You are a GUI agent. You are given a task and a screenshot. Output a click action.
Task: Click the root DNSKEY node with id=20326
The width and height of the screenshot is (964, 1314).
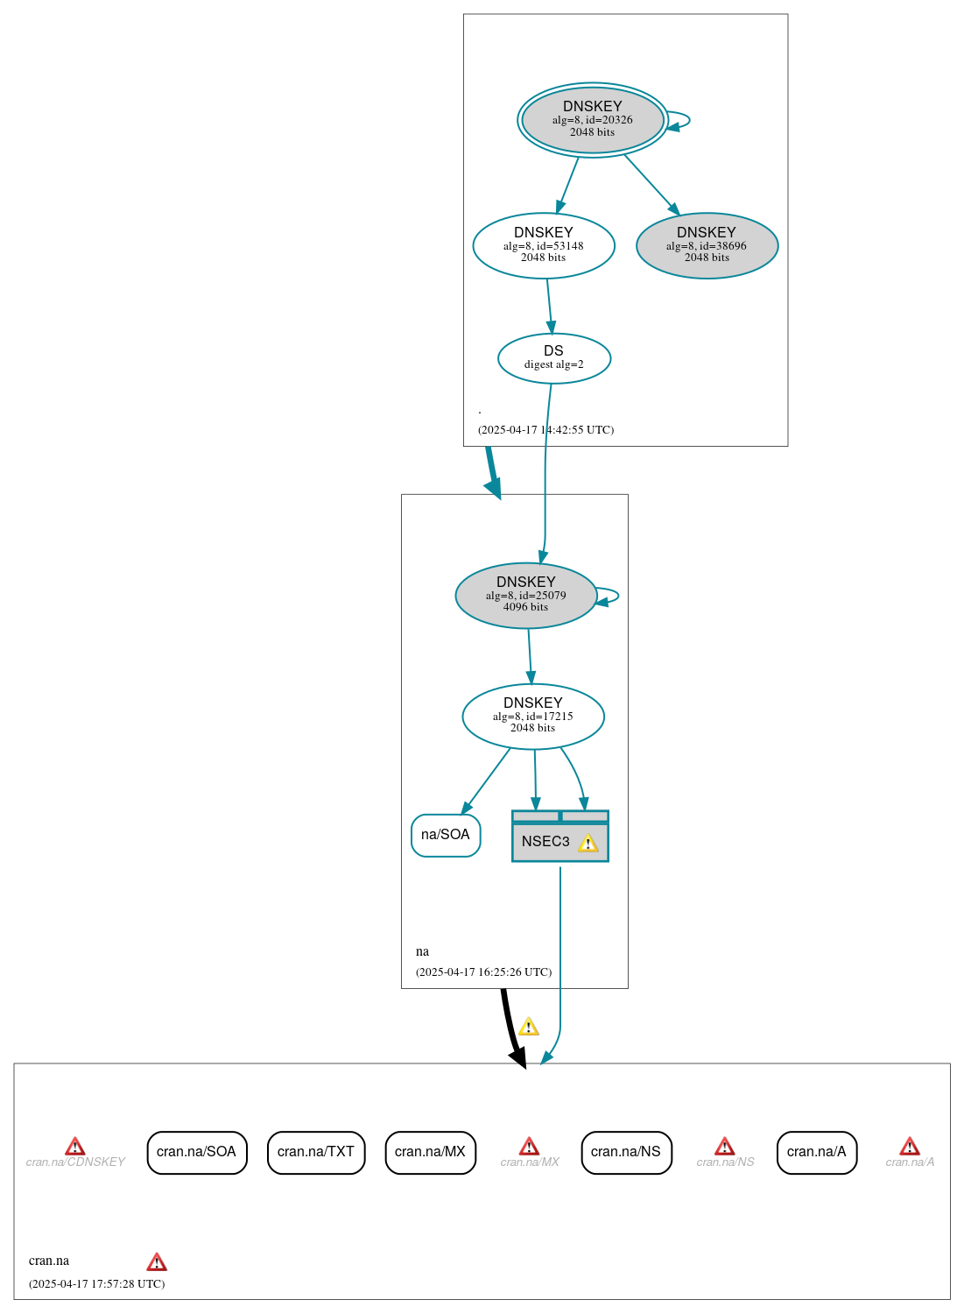pos(593,120)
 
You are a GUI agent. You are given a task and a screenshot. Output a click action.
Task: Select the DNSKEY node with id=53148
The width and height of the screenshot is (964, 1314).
pos(544,245)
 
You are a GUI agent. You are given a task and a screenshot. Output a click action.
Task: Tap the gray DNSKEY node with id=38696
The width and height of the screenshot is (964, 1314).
pos(707,245)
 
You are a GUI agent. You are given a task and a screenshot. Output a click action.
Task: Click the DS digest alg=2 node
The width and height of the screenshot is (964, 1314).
pos(553,357)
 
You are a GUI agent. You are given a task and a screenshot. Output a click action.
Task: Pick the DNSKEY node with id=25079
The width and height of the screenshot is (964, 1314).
pos(525,595)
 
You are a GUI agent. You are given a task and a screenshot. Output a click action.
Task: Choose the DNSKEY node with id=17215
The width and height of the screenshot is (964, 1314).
pos(532,716)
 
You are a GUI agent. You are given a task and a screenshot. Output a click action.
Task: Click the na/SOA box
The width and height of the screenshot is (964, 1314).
pos(446,835)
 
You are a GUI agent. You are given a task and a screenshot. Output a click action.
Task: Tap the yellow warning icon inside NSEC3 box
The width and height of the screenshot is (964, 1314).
pos(588,843)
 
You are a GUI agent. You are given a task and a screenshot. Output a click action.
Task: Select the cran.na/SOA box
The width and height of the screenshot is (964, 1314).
pos(197,1152)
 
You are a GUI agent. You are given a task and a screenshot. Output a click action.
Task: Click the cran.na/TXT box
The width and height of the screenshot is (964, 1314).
pos(316,1152)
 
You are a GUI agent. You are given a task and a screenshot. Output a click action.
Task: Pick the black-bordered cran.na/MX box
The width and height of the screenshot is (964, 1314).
pos(431,1152)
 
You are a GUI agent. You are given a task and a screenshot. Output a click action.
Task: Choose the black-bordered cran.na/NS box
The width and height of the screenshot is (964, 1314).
pos(626,1152)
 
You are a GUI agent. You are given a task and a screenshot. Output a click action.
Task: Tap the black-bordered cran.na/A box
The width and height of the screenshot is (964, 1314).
pos(817,1152)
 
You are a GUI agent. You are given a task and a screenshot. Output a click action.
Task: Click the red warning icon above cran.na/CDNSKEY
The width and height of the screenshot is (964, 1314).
pos(75,1146)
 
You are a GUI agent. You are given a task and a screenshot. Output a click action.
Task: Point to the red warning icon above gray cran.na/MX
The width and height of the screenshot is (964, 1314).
pos(529,1146)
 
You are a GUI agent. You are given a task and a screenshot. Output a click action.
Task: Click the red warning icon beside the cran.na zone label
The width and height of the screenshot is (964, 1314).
pos(157,1262)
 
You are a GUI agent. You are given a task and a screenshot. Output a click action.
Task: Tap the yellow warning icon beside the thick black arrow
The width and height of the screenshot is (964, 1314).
pos(529,1027)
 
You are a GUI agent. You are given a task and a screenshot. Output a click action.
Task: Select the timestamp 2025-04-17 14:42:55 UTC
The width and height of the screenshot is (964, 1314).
pos(545,430)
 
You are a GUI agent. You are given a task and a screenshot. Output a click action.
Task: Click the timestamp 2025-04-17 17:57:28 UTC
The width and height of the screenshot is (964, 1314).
pos(96,1284)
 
